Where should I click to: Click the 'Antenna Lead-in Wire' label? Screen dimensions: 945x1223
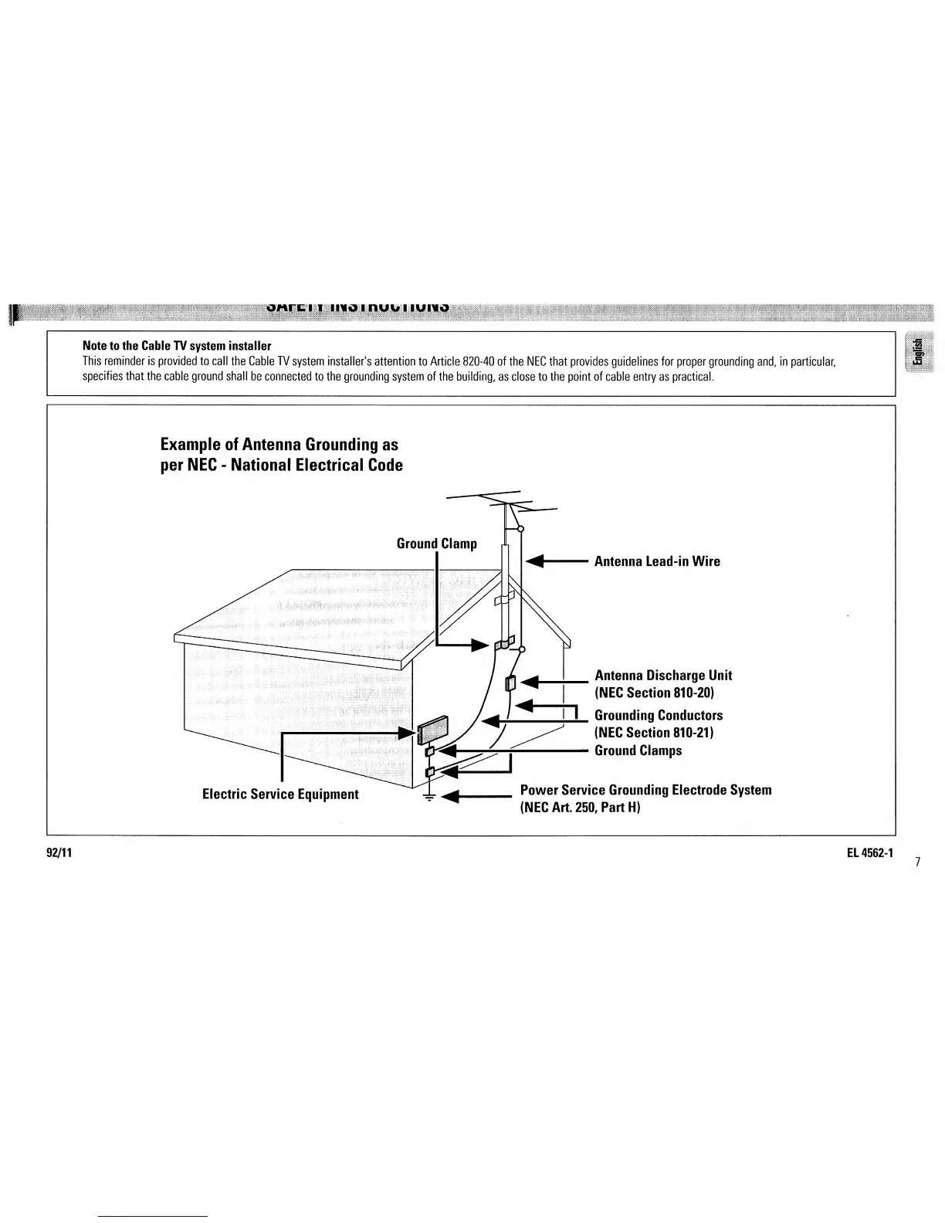click(x=657, y=561)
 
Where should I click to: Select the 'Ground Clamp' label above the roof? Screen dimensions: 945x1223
click(x=436, y=544)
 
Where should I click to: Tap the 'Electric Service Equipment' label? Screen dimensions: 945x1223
click(x=280, y=794)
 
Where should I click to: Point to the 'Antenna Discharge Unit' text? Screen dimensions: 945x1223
click(x=663, y=676)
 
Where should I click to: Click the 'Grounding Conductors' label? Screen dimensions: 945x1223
click(x=659, y=716)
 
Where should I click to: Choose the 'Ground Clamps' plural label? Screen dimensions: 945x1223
click(x=638, y=750)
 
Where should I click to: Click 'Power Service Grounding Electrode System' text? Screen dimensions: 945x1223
click(x=645, y=790)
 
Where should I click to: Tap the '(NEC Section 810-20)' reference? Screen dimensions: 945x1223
click(x=649, y=693)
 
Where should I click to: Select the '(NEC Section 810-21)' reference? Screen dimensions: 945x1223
click(x=653, y=733)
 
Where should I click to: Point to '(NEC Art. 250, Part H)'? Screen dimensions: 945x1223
click(x=581, y=808)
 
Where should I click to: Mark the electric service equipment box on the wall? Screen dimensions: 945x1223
click(x=433, y=730)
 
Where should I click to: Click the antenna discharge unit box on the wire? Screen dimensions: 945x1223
click(x=510, y=683)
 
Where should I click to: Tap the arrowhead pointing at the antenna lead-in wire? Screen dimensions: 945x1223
click(x=536, y=561)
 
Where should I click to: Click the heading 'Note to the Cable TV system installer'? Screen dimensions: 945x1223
click(x=177, y=345)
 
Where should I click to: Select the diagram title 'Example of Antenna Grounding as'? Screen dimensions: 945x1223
click(x=279, y=445)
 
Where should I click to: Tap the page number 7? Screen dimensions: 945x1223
click(x=917, y=862)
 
